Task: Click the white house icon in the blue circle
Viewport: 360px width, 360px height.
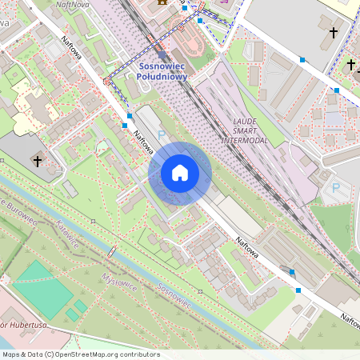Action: (x=180, y=173)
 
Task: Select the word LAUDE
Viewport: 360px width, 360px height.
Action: (x=244, y=121)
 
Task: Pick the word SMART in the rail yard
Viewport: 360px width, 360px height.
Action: (x=244, y=130)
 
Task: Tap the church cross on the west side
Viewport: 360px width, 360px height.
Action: (x=38, y=161)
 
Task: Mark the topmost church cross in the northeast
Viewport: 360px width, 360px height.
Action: (x=334, y=33)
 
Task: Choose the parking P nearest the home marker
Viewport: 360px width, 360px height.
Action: (x=162, y=135)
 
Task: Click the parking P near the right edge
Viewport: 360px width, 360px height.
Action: (x=336, y=188)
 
